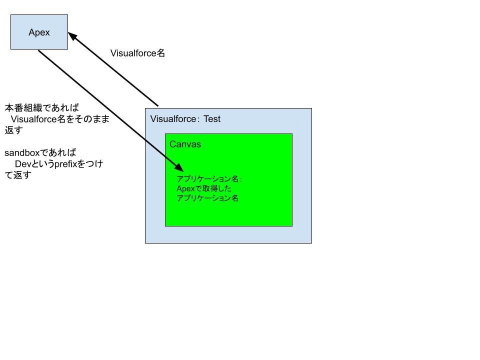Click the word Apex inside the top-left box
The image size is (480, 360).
39,32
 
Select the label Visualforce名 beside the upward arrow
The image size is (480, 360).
137,53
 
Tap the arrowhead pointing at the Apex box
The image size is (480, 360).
72,37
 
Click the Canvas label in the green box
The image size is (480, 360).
185,144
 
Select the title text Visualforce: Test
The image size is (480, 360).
185,119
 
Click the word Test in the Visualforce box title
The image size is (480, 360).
211,119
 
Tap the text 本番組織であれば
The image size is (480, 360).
42,108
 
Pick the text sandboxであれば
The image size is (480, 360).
40,152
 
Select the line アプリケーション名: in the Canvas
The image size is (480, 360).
209,179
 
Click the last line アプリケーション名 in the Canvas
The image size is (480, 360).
207,198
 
